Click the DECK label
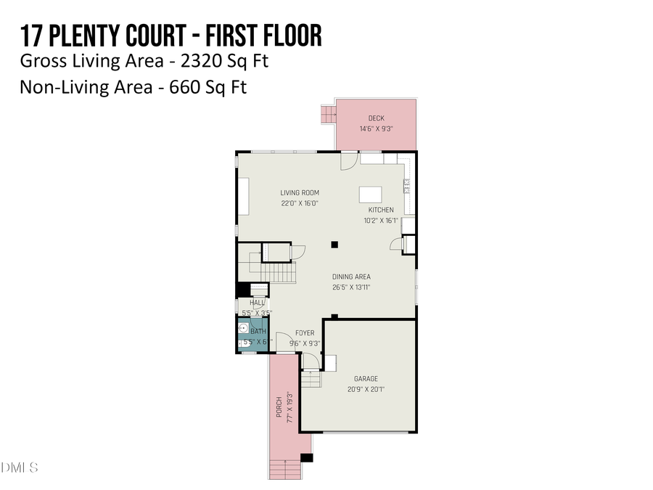pos(376,118)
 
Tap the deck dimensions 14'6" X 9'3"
pos(376,128)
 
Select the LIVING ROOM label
pos(300,193)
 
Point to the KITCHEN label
pos(380,211)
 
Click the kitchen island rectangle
pos(370,195)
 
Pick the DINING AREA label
pos(352,277)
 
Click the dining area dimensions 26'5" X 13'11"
pos(352,287)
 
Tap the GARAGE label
pos(366,379)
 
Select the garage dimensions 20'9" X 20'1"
pos(366,389)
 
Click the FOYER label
pos(305,333)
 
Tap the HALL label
pos(257,303)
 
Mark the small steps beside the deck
pos(328,114)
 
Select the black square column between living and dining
pos(334,245)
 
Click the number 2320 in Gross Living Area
pos(192,61)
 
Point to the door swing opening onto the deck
pos(349,160)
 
